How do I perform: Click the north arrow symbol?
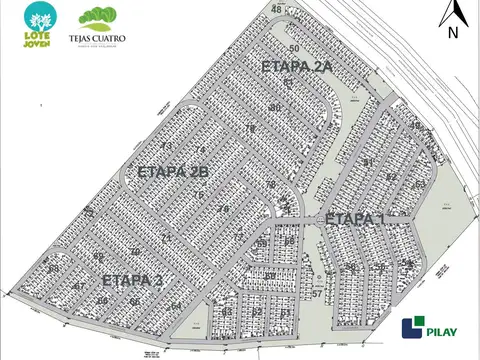pos(452,13)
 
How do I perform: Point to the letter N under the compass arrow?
pos(452,32)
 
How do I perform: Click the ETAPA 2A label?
pos(295,67)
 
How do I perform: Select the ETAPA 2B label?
pos(173,172)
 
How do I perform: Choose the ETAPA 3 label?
pos(131,280)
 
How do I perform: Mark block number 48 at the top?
pos(275,9)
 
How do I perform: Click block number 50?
pos(294,48)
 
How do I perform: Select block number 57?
pos(316,294)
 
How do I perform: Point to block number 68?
pos(289,241)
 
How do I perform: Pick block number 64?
pos(176,305)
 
